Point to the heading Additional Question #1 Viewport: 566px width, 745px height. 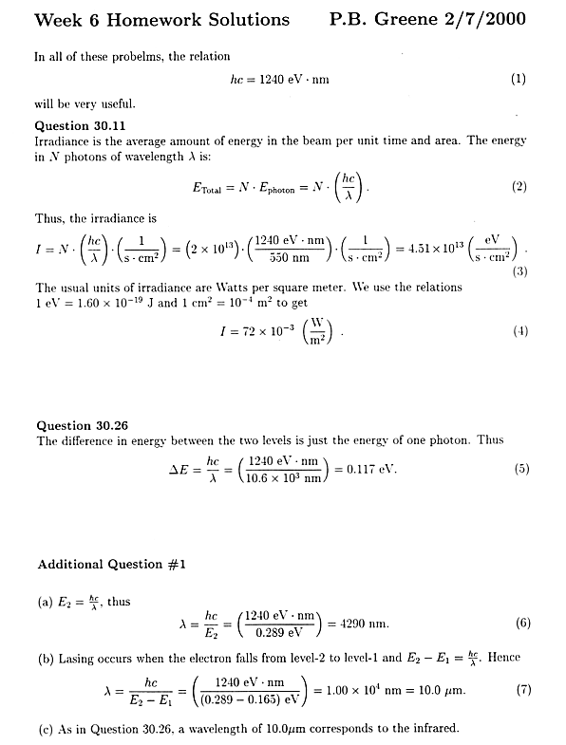point(111,565)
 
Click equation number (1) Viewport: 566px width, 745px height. point(519,81)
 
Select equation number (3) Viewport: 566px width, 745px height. point(519,271)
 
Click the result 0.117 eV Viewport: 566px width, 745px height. point(373,468)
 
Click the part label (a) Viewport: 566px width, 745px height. point(44,601)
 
